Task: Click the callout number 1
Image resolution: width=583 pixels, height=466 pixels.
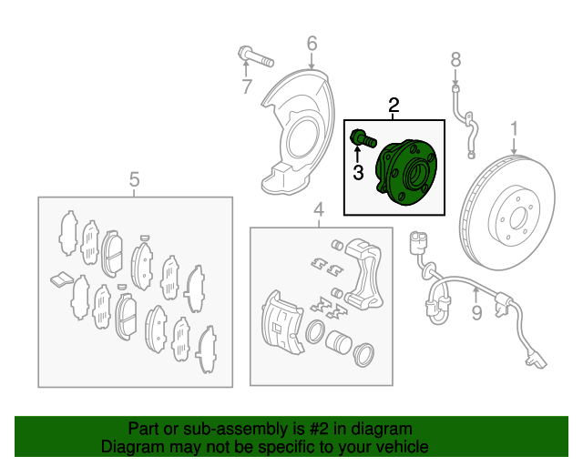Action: click(514, 129)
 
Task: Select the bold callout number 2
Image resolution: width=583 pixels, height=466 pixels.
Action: click(394, 106)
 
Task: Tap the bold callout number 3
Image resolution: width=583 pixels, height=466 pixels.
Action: click(358, 172)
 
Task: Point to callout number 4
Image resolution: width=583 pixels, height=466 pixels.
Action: click(319, 210)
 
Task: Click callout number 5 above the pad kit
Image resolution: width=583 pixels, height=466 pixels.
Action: click(134, 179)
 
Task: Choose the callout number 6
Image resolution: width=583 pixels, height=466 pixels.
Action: click(312, 43)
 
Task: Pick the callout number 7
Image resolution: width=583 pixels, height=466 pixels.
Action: click(247, 86)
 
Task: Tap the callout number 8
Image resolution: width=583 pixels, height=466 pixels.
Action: click(455, 60)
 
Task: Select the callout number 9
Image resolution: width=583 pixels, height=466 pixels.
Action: click(476, 313)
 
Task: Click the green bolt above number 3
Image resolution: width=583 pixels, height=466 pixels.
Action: click(363, 138)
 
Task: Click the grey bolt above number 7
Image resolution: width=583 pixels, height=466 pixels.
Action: click(256, 56)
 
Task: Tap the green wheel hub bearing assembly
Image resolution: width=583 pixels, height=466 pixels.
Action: click(406, 172)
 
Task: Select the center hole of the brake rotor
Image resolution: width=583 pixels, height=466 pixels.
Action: click(518, 218)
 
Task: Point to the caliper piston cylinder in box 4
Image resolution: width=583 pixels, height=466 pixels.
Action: click(338, 342)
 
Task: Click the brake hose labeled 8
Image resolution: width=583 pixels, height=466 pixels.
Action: click(465, 122)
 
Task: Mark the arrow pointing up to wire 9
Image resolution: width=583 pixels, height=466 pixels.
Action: click(476, 296)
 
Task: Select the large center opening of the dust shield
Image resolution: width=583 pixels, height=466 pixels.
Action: click(303, 138)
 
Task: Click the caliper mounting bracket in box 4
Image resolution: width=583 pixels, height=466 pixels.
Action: click(363, 272)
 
